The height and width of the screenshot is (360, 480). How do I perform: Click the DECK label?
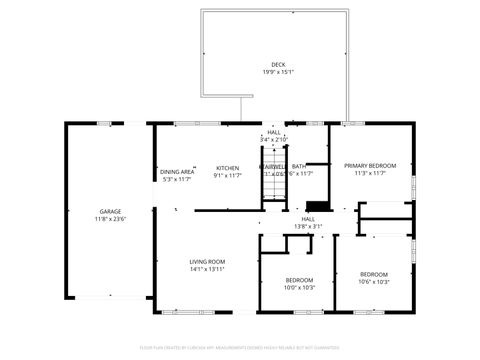(277, 64)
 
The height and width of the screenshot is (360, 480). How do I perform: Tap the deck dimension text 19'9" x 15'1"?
(277, 72)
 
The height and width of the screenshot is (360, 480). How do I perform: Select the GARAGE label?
(110, 211)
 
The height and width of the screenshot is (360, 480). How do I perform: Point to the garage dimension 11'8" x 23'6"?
(110, 219)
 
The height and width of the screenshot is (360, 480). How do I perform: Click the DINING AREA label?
(177, 172)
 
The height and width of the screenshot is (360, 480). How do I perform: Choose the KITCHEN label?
(228, 167)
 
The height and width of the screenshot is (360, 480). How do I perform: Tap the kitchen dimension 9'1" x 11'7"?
(228, 175)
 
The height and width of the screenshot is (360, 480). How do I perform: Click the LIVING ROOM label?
(207, 261)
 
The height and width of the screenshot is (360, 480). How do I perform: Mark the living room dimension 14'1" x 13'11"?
(207, 269)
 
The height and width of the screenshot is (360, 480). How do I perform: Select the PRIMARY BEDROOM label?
(370, 165)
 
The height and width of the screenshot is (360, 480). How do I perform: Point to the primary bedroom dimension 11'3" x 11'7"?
(370, 173)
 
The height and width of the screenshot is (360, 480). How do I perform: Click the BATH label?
(299, 166)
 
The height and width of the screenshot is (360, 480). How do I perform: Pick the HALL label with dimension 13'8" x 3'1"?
(308, 218)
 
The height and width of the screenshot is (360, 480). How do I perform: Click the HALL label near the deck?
(274, 132)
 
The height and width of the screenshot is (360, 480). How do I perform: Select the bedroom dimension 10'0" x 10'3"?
(299, 288)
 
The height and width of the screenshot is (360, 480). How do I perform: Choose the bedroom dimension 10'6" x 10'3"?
(373, 282)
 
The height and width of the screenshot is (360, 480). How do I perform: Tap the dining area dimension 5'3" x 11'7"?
(177, 180)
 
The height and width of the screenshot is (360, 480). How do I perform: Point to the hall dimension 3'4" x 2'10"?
(274, 140)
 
